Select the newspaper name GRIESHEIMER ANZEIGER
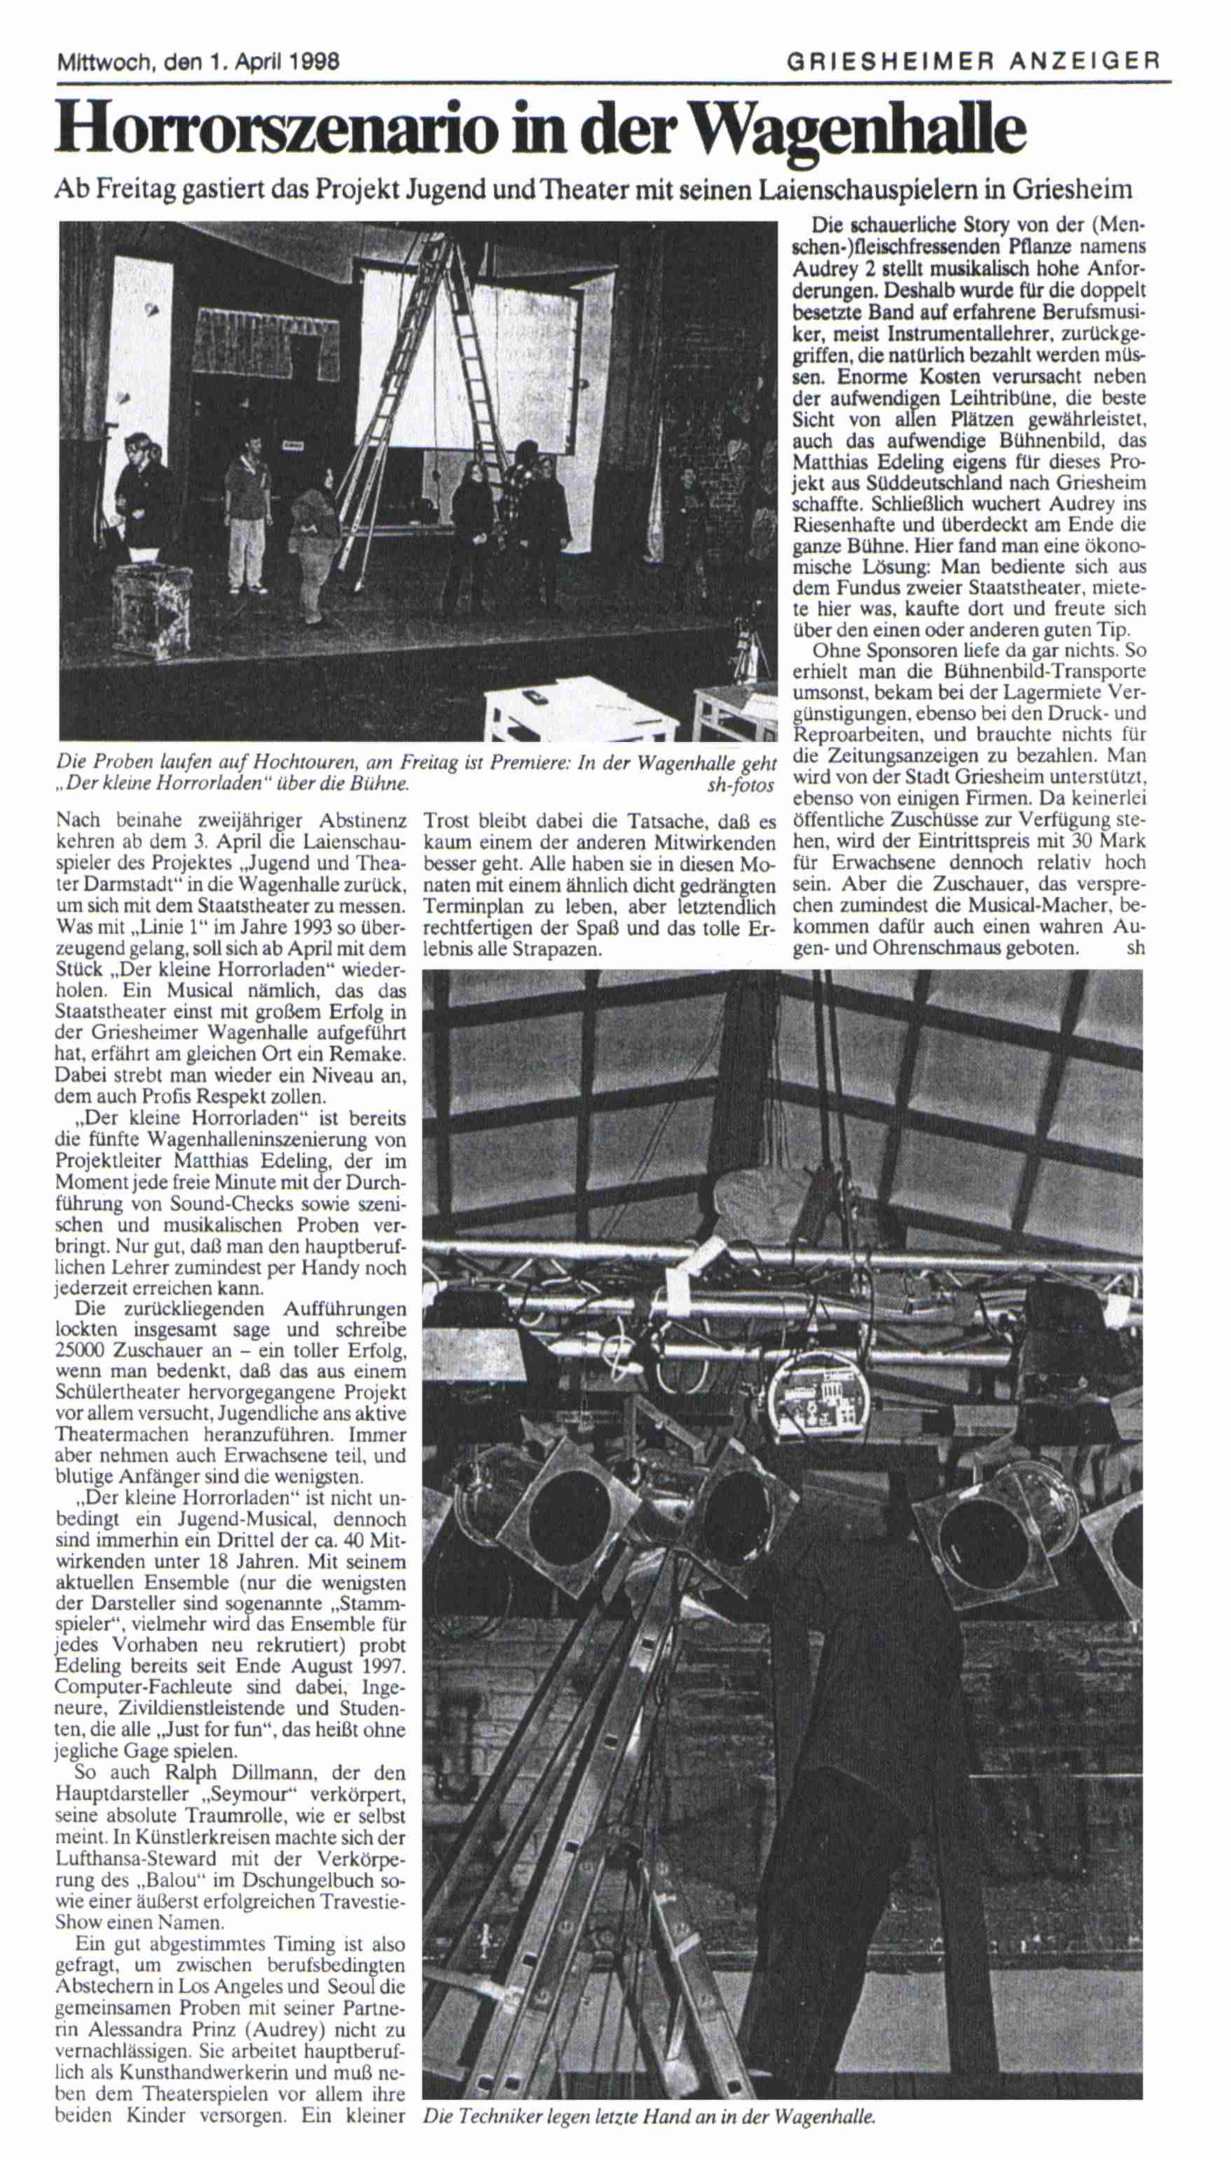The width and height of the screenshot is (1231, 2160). [972, 61]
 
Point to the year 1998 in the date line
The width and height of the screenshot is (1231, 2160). [314, 62]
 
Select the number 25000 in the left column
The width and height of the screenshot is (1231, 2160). [82, 1350]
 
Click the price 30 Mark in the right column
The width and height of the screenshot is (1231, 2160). [1103, 842]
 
